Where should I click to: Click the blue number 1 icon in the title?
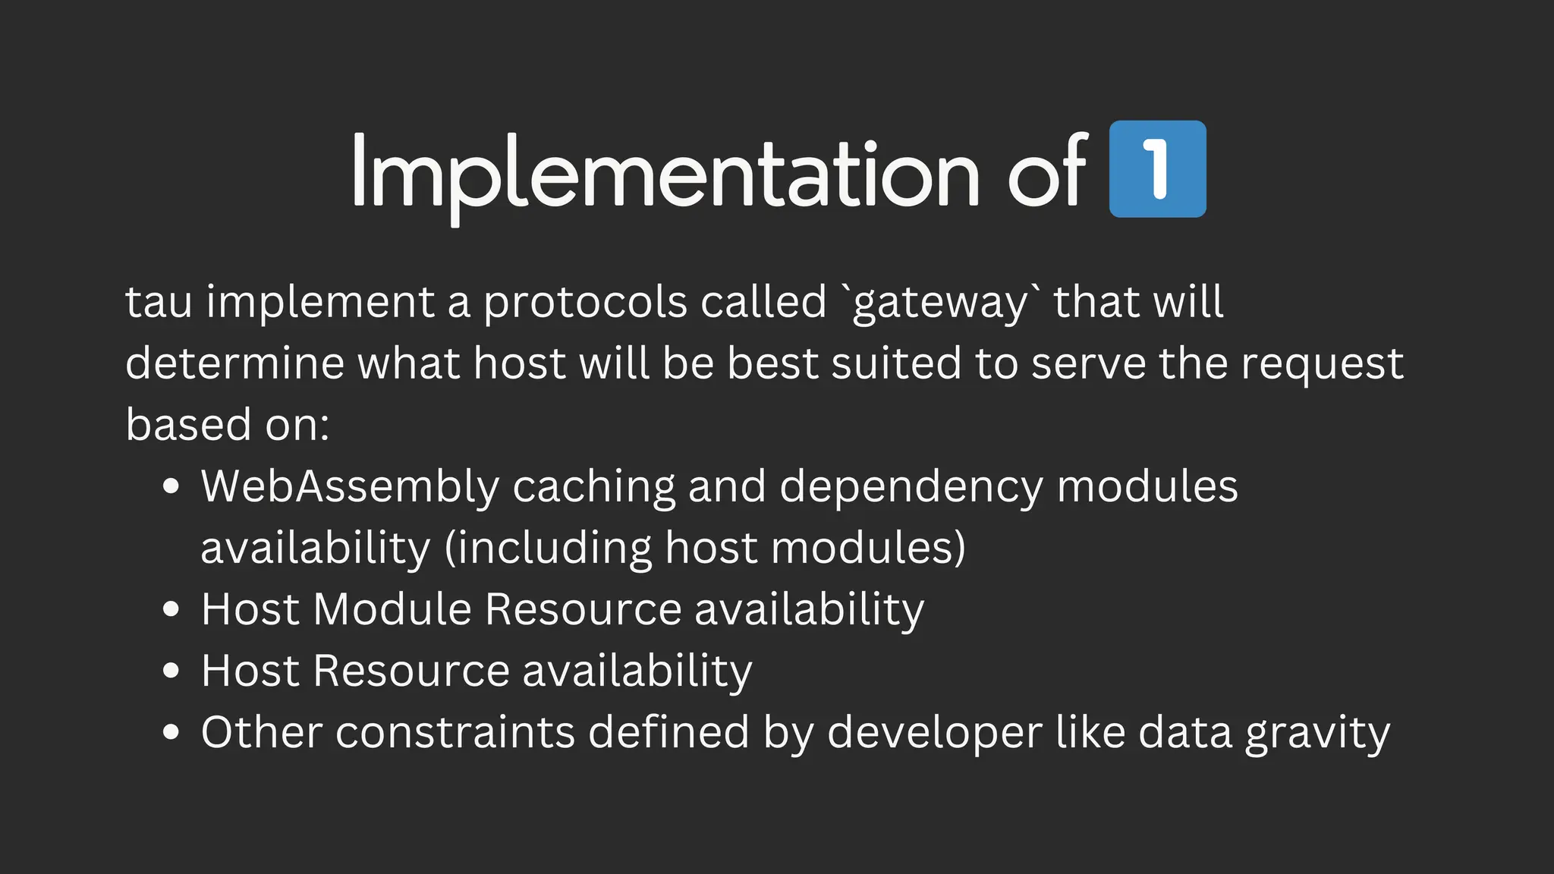click(1157, 169)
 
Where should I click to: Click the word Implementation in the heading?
click(665, 173)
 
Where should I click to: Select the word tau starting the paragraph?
click(159, 302)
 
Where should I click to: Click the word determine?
click(234, 363)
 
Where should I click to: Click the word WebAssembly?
click(350, 486)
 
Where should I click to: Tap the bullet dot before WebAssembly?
click(171, 486)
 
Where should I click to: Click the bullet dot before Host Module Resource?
click(171, 609)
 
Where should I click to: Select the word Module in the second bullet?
click(392, 609)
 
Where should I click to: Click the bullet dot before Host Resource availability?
click(171, 671)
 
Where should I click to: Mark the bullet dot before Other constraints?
click(171, 732)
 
